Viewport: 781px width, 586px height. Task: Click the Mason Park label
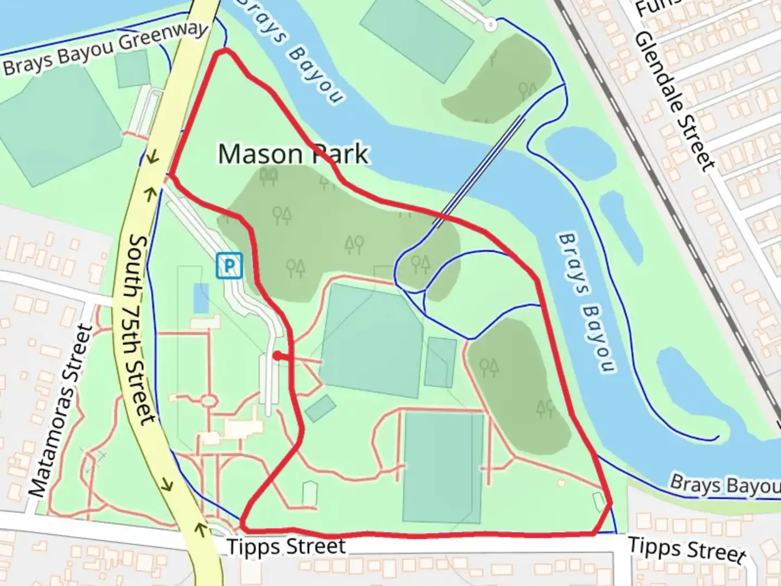click(x=293, y=154)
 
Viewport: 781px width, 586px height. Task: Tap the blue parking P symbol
click(x=229, y=266)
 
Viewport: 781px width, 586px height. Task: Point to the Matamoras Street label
click(x=61, y=411)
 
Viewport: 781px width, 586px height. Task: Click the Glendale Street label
click(x=675, y=101)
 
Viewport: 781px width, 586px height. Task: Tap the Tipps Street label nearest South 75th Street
click(x=286, y=546)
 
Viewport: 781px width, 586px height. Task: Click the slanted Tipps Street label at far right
click(x=687, y=549)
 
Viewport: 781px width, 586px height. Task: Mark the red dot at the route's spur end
click(x=277, y=356)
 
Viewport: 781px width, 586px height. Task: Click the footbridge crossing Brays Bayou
click(x=479, y=170)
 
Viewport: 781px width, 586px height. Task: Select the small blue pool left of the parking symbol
click(x=201, y=298)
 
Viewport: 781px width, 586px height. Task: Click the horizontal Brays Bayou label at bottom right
click(x=725, y=485)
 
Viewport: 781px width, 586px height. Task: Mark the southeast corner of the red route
click(x=610, y=504)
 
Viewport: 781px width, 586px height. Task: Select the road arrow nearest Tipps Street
click(x=201, y=527)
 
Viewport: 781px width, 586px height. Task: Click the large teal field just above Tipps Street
click(x=443, y=467)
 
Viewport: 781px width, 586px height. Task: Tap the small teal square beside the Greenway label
click(x=132, y=69)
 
